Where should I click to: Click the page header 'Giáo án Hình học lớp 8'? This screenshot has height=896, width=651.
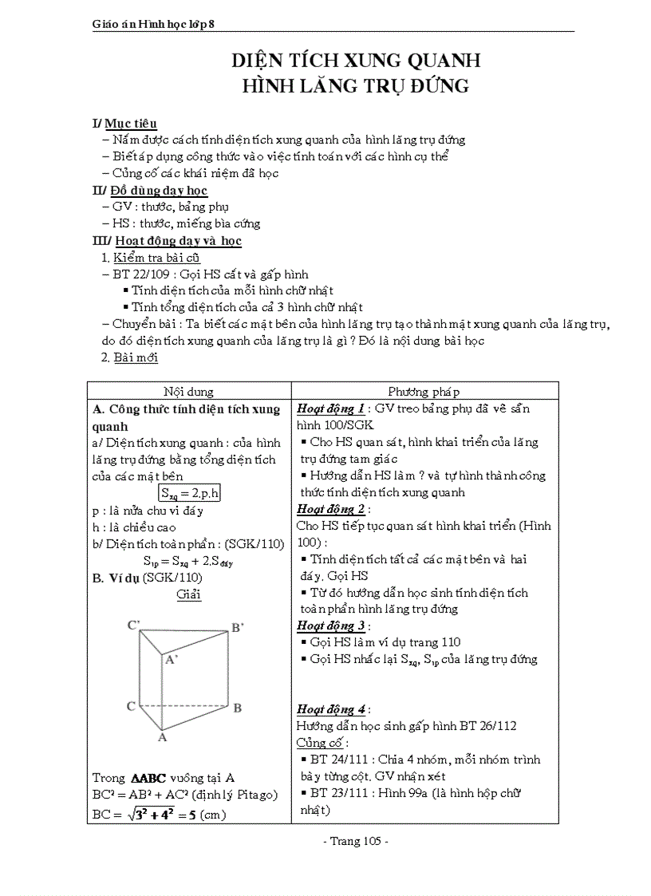click(x=154, y=25)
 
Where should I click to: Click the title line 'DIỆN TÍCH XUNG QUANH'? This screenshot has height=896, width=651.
click(x=355, y=61)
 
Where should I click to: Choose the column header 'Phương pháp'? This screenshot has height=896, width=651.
click(x=424, y=392)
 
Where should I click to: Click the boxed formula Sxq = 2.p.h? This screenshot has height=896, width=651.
click(x=189, y=493)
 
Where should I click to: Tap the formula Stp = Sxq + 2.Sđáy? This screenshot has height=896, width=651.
click(x=188, y=561)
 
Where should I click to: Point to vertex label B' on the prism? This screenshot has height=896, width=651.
click(x=237, y=628)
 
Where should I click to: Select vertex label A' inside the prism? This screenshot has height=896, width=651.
click(x=172, y=659)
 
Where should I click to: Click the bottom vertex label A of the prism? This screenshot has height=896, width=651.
click(x=162, y=737)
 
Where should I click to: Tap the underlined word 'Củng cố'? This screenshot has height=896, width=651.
click(x=317, y=743)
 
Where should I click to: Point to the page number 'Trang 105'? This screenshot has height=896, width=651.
click(x=356, y=842)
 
